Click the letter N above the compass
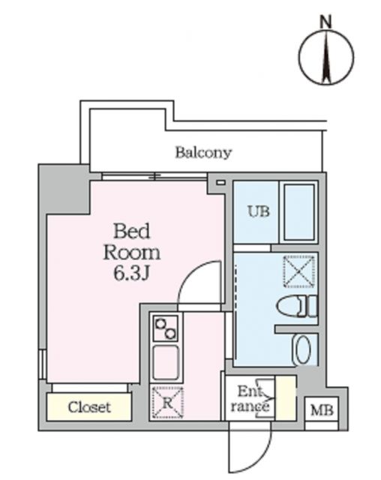[x=326, y=22]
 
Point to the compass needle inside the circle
[x=327, y=58]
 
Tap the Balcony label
[x=203, y=153]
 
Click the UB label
[x=257, y=211]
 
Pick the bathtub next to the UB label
[x=298, y=212]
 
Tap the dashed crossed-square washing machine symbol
[x=299, y=271]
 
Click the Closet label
[x=89, y=407]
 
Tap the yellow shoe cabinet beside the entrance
[x=286, y=397]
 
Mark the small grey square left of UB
[x=220, y=181]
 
